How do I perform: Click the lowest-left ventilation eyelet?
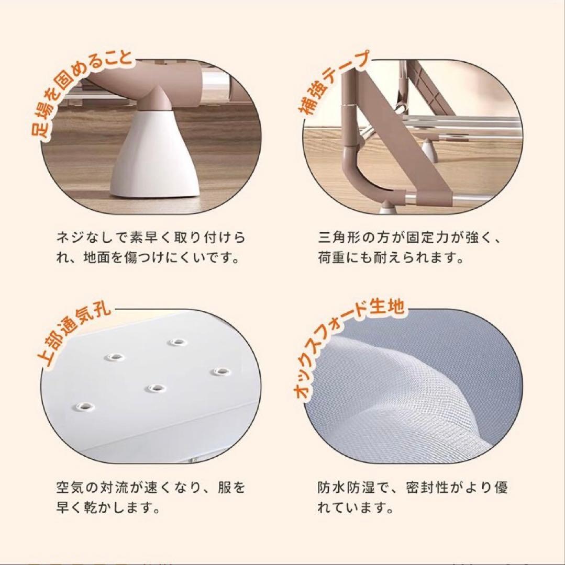click(x=83, y=405)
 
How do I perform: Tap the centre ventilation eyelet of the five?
click(x=154, y=388)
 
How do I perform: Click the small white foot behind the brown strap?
click(x=429, y=150)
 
